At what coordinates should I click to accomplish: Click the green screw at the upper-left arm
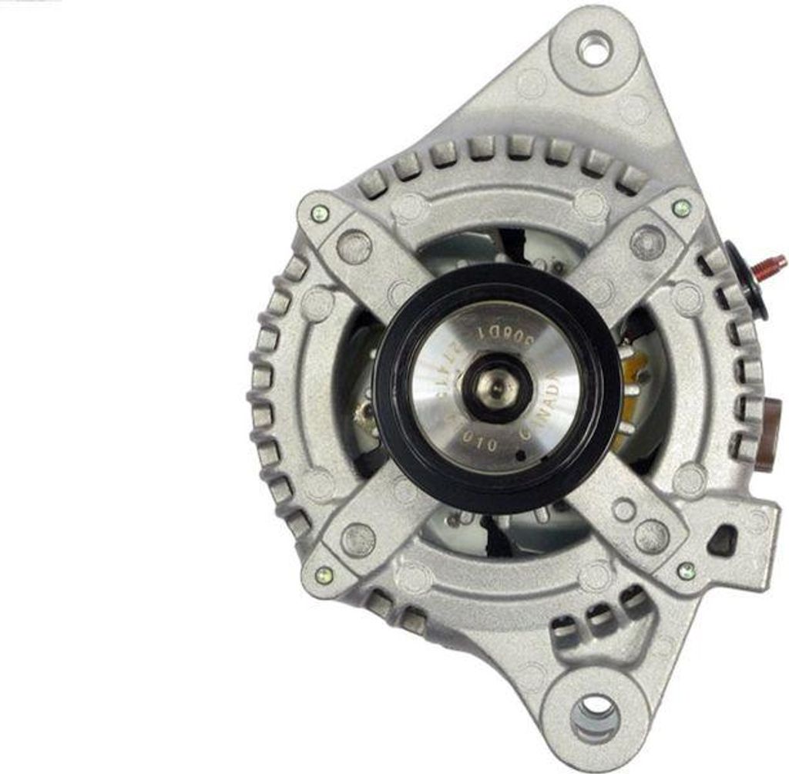(319, 214)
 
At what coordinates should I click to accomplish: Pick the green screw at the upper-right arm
(681, 207)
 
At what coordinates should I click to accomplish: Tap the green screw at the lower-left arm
(324, 574)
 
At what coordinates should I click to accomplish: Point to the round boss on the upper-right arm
(647, 242)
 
